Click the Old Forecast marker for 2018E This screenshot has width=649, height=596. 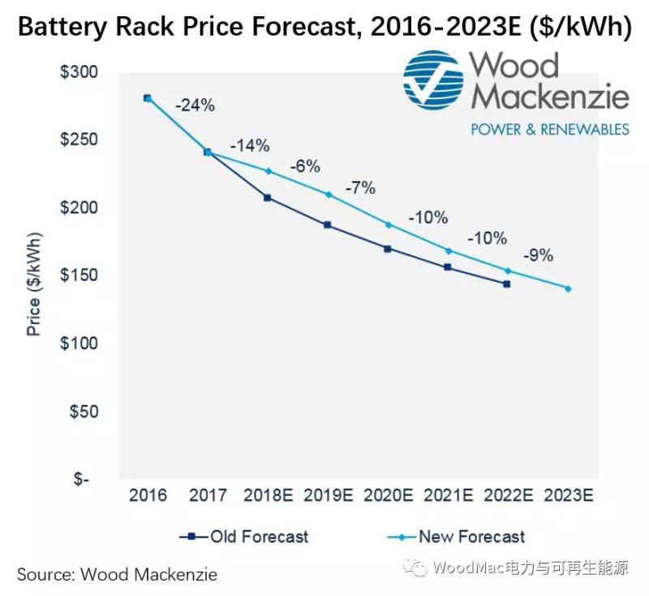[x=268, y=197]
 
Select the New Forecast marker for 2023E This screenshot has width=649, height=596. [x=567, y=288]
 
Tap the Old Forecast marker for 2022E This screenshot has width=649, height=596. [x=507, y=283]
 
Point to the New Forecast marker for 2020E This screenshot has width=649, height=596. [x=387, y=224]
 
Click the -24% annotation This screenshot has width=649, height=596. [x=195, y=105]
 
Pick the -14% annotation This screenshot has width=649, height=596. [x=250, y=146]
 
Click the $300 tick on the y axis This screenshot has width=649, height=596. [x=79, y=72]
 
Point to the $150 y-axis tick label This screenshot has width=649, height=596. [x=79, y=275]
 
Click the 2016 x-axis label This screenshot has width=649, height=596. [x=147, y=495]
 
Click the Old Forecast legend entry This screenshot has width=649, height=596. [x=243, y=537]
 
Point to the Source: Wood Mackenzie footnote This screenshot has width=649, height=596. [x=118, y=575]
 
